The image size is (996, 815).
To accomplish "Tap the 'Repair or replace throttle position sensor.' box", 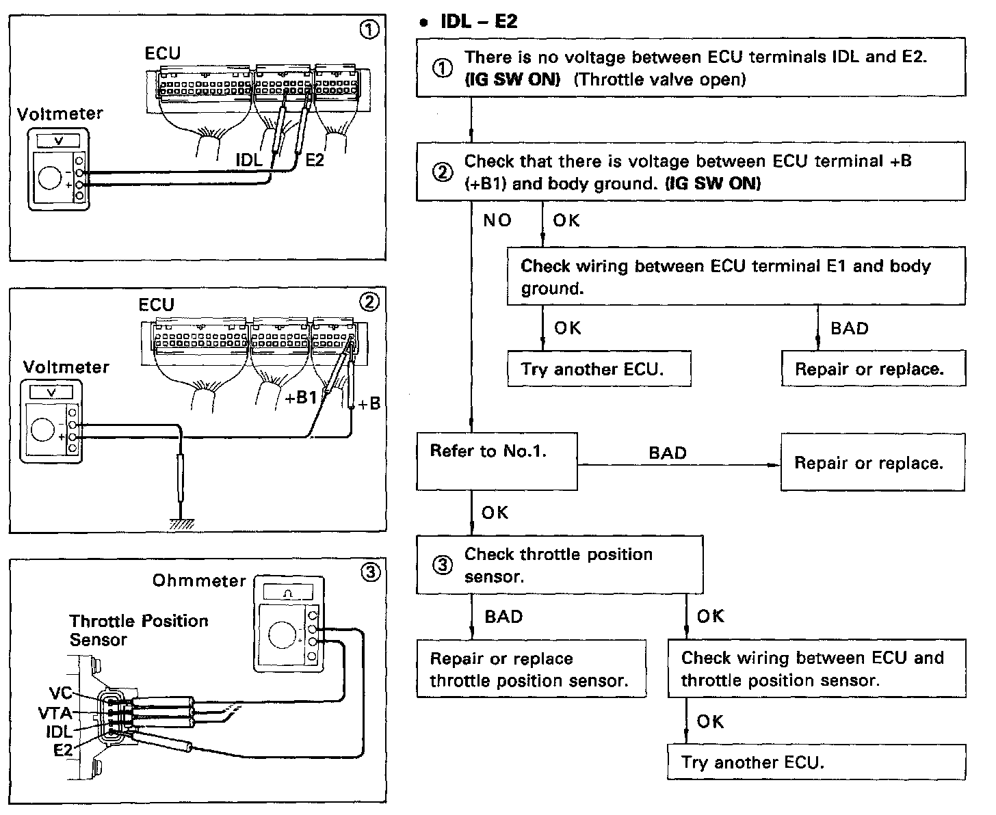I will point(531,669).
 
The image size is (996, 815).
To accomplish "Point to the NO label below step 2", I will point(497,220).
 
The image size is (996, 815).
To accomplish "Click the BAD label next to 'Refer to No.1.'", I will point(667,453).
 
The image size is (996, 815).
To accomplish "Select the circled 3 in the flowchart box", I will point(443,565).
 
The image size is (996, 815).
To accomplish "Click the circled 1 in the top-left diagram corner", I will point(369,29).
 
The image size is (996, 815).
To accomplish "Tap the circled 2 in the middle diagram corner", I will point(369,302).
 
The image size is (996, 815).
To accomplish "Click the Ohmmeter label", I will point(199,580).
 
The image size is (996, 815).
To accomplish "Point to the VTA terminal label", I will point(55,712).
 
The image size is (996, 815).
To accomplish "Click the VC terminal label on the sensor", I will point(60,693).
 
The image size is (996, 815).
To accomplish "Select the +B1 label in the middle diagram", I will point(301,398).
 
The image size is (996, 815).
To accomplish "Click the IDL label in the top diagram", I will point(249,160).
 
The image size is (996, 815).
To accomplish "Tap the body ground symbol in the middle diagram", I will point(181,523).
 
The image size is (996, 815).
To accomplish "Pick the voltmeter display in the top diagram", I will point(57,141).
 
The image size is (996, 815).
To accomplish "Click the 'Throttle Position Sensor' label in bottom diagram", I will point(138,630).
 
